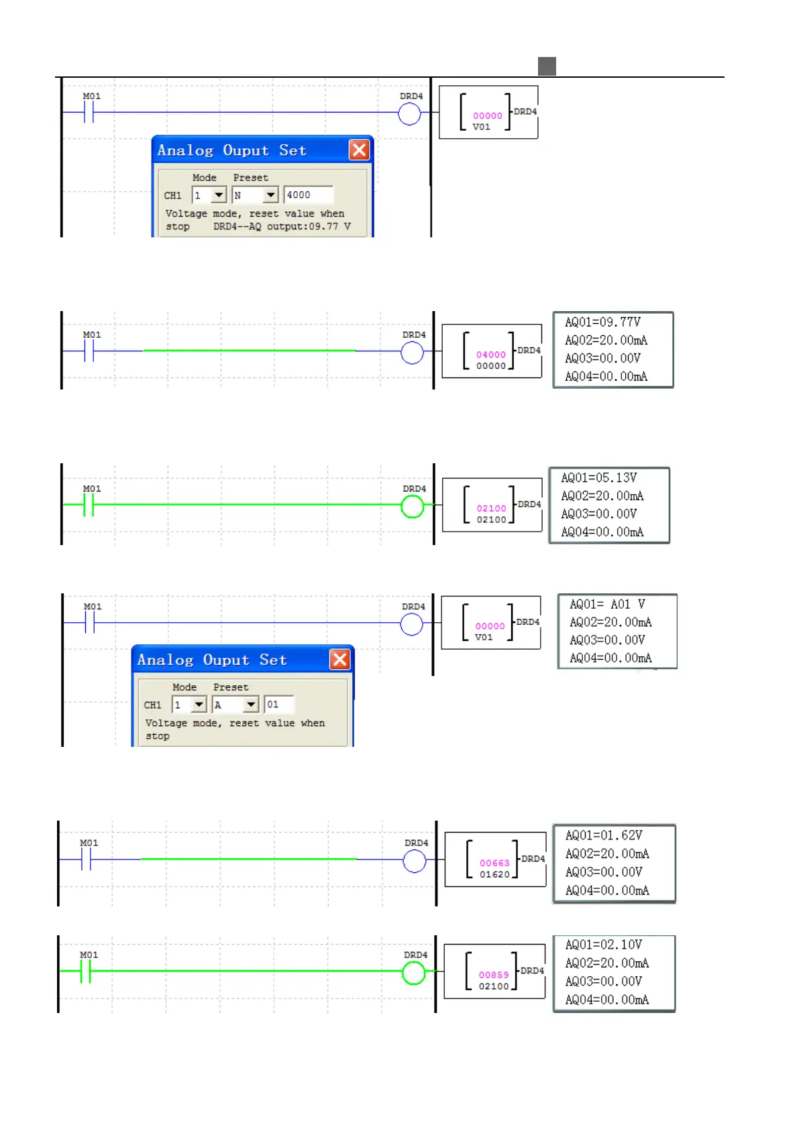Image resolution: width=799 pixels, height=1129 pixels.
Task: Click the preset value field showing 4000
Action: (x=308, y=195)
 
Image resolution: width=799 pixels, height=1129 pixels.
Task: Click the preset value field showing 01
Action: (x=279, y=705)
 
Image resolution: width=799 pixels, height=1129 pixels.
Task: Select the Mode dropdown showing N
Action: (x=254, y=195)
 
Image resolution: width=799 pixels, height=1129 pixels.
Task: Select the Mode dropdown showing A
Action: (x=235, y=705)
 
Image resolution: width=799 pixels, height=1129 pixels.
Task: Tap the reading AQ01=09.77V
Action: (x=602, y=322)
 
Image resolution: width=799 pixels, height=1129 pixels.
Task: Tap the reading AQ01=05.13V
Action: (x=598, y=478)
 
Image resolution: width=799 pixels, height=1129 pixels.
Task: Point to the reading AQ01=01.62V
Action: (x=603, y=835)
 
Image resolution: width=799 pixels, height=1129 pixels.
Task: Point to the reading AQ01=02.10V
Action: (x=603, y=945)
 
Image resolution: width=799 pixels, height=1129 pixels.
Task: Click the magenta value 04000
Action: (x=491, y=355)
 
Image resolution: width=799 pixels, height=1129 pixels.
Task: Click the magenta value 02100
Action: (x=491, y=508)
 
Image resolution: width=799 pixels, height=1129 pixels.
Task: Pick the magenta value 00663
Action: (x=494, y=863)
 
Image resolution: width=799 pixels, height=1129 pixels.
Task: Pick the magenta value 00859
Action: (x=494, y=975)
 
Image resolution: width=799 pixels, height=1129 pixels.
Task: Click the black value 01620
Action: (x=494, y=874)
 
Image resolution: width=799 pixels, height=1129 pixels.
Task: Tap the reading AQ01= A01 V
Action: (x=607, y=604)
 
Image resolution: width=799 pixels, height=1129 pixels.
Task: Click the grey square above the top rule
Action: (x=547, y=66)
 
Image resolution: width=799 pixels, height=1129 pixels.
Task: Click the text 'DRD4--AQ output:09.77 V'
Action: (x=282, y=227)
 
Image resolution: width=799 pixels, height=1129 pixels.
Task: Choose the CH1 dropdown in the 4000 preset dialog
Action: (x=209, y=195)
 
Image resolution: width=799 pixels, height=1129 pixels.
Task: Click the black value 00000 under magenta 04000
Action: (x=491, y=366)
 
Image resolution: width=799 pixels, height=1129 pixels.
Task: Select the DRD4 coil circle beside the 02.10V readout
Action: (x=413, y=973)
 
